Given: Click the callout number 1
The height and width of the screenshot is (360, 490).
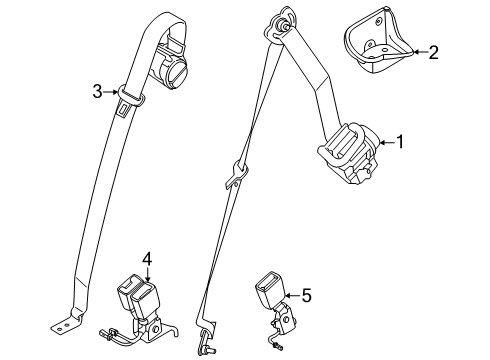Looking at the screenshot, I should click(400, 143).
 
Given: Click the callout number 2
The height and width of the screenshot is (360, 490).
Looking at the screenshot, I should click(432, 52).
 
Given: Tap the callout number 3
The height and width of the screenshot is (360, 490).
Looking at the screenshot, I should click(98, 92).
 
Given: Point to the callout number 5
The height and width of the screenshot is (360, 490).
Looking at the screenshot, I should click(306, 294).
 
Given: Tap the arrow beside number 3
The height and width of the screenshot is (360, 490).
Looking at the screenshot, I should click(113, 93).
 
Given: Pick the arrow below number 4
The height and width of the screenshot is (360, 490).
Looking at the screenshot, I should click(147, 275).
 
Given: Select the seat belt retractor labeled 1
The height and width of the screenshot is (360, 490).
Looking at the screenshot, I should click(349, 155).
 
